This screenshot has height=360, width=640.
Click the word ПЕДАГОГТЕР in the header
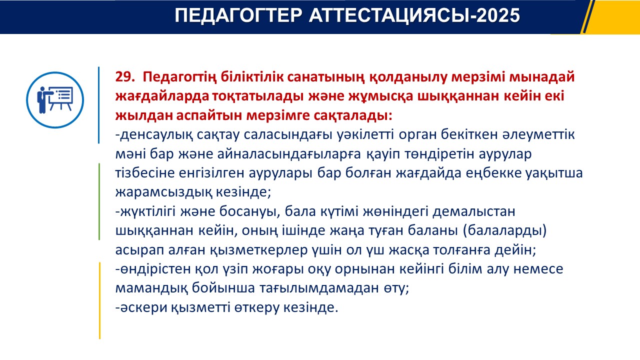tap(238, 15)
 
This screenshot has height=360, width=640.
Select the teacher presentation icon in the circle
tap(55, 99)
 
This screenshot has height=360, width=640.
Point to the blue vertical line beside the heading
tap(99, 105)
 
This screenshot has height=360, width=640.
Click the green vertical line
tap(99, 201)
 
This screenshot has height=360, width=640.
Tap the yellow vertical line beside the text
tap(99, 300)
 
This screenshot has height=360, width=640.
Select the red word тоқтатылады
tap(257, 96)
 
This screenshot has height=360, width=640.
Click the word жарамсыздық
tap(163, 192)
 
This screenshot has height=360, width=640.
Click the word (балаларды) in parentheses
tap(504, 230)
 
